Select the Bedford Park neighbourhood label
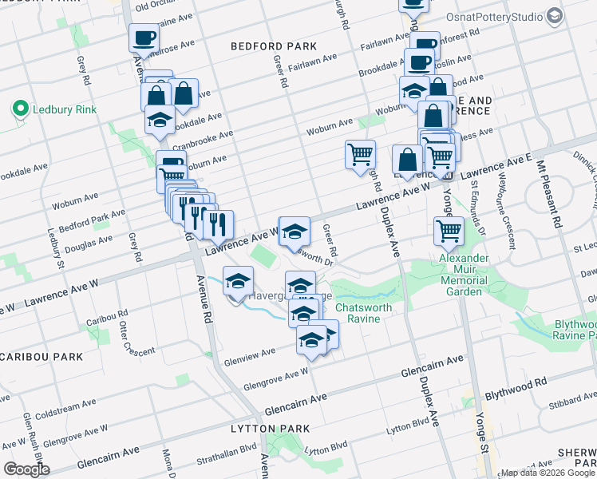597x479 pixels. tap(274, 46)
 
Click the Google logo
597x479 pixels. tap(26, 469)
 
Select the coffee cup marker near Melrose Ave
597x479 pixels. tap(144, 38)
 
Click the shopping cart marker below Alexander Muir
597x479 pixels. tap(449, 232)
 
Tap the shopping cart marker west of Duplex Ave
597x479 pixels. tap(360, 155)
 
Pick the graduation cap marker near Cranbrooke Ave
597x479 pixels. tap(160, 121)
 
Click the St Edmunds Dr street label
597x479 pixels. tap(477, 205)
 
